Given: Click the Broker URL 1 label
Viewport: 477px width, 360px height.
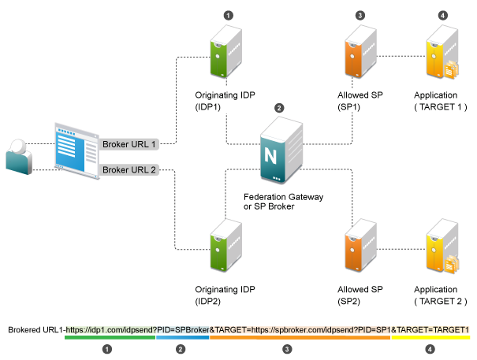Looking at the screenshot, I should coord(130,144).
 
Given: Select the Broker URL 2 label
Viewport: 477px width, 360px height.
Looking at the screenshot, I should coord(130,169).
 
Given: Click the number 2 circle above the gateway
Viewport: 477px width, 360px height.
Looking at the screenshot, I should coord(278,107).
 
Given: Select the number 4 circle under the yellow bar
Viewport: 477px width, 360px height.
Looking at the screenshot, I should coord(430,347).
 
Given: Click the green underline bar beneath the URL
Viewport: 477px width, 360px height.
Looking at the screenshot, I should coord(110,338).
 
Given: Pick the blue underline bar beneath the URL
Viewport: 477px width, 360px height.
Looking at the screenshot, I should coord(182,338).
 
